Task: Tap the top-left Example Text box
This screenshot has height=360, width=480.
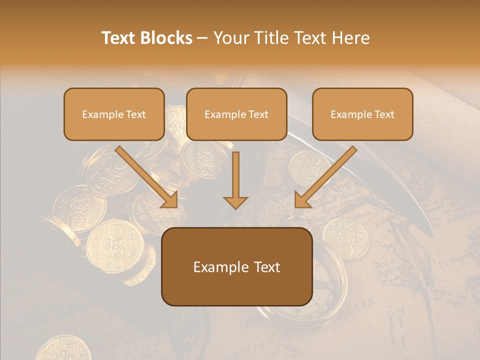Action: [114, 114]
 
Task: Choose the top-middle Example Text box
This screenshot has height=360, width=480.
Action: [236, 114]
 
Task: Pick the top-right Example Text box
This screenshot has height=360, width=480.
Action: [362, 114]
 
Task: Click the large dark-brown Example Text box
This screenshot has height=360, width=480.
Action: [236, 266]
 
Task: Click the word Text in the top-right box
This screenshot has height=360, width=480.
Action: [384, 114]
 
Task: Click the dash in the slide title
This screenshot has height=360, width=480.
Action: [202, 38]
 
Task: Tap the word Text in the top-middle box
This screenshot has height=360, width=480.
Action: [258, 114]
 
